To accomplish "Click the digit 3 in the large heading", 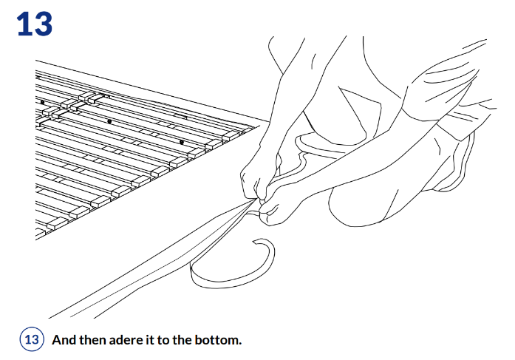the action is point(41,24).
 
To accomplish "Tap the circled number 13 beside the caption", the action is point(32,339).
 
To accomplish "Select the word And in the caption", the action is point(64,339).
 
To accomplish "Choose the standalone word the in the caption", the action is point(182,339).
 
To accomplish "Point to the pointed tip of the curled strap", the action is point(253,242).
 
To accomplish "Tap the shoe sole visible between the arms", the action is point(316,145).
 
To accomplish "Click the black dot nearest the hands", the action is point(182,142).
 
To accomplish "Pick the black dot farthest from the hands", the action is point(42,102).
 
